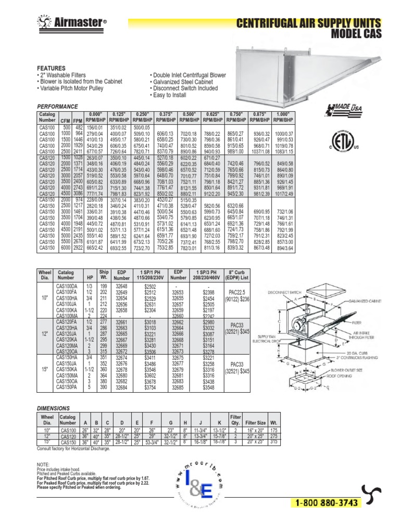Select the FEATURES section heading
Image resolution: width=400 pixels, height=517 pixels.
click(51, 68)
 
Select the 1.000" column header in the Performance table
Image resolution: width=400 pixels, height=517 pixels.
click(375, 117)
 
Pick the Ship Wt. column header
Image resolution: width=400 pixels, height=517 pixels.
click(104, 275)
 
